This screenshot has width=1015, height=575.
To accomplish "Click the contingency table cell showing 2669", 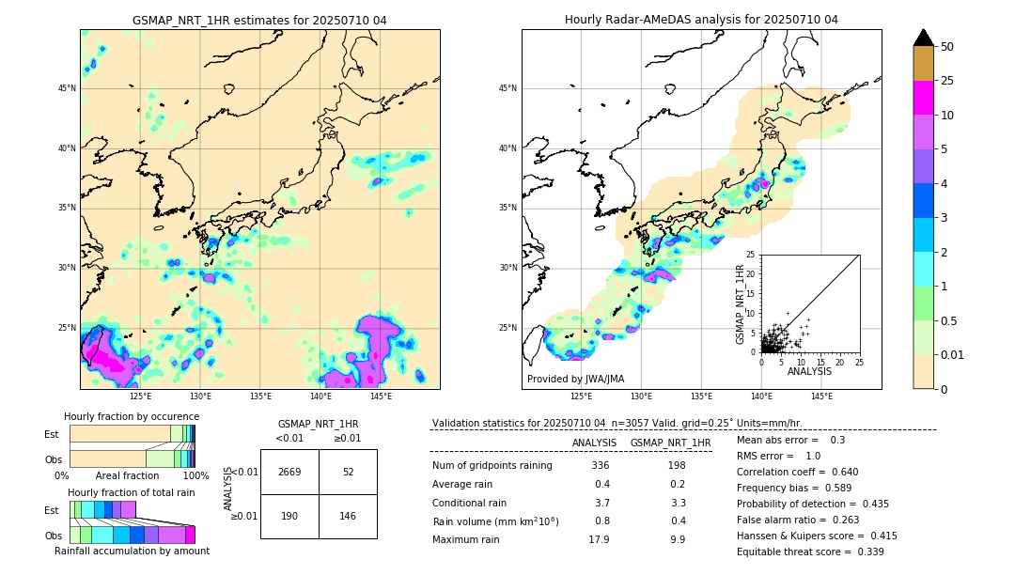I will pos(289,472).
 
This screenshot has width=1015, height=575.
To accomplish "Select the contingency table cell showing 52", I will pos(348,472).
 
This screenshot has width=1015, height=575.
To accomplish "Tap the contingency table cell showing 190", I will pos(289,516).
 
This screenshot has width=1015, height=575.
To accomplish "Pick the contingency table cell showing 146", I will pos(348,516).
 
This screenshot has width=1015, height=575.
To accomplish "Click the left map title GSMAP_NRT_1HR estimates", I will pos(259,20).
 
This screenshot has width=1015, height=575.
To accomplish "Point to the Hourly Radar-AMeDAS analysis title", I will pos(701,20).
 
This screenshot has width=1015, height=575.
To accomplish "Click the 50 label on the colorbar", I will pos(947,46).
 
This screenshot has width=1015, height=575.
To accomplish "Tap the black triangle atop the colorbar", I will pos(924,38).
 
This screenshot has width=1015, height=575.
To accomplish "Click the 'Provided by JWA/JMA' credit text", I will pos(575,379).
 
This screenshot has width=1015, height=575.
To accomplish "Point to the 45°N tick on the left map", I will pos(67,88).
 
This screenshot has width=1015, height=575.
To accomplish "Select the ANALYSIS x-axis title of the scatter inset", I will pos(809,371).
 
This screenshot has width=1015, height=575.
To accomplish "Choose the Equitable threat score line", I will pos(810,552).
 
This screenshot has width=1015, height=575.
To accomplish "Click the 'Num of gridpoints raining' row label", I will pos(492,465).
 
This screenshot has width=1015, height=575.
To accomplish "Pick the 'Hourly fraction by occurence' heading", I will pos(132,416).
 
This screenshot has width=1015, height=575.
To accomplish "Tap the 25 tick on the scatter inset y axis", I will pos(751,255).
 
